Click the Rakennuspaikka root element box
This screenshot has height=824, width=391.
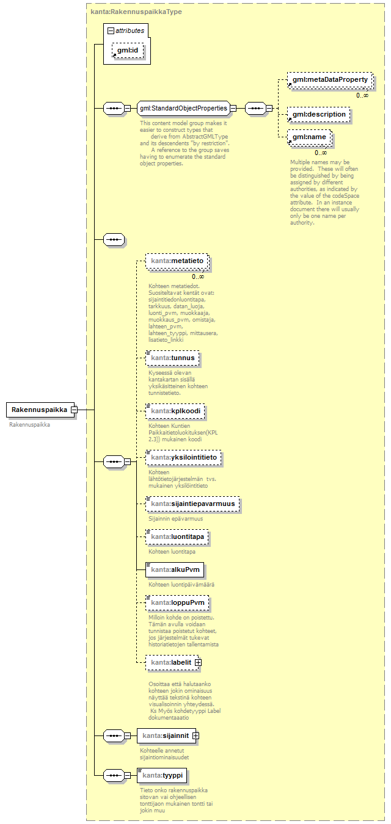point(38,410)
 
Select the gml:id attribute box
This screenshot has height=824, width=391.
point(129,51)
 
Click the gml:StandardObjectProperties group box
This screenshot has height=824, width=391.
point(183,109)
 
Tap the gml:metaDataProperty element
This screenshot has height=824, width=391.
point(329,80)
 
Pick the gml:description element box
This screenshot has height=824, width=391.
point(318,114)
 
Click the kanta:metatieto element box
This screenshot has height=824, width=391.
point(177,261)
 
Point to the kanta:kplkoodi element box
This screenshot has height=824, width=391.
point(175,411)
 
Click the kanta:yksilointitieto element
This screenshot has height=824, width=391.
point(183,457)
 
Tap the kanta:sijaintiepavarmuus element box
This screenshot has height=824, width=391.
point(192,505)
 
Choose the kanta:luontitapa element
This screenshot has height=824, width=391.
point(177,537)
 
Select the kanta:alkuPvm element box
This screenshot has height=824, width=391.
point(175,570)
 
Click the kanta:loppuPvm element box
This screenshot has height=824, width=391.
point(177,602)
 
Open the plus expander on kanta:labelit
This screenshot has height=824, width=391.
point(198,662)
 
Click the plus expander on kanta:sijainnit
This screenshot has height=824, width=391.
point(195,736)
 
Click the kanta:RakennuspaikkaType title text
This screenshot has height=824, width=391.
point(136,12)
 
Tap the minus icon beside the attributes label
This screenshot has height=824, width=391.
point(111,30)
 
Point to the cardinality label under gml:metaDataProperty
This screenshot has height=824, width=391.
point(362,95)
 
